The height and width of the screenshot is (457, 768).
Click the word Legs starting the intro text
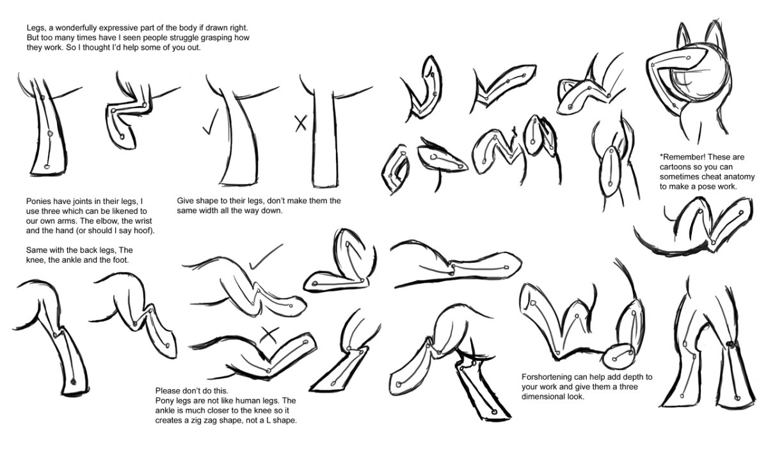(x=35, y=28)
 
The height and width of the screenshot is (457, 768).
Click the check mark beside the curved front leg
(x=210, y=122)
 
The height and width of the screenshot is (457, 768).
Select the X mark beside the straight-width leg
(x=301, y=123)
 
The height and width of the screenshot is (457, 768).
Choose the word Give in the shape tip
(x=185, y=201)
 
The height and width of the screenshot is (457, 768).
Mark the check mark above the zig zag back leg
(x=266, y=257)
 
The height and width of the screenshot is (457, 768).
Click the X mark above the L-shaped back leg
(x=269, y=335)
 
